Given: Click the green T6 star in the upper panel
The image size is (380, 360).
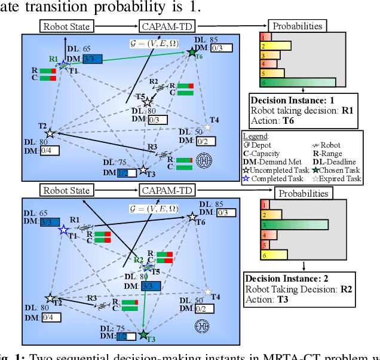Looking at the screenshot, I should [192, 53].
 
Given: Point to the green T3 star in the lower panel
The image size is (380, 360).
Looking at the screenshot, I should [143, 334].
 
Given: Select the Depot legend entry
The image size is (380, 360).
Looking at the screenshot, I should [259, 145].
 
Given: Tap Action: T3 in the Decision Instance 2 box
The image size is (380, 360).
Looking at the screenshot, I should [267, 300].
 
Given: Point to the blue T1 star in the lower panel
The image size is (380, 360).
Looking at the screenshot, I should [63, 229].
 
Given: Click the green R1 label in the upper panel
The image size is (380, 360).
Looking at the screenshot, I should [54, 59].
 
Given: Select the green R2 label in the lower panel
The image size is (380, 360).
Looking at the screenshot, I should [138, 260].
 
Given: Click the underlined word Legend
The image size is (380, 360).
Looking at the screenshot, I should [258, 136].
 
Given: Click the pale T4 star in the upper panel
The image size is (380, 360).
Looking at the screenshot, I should [207, 127].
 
